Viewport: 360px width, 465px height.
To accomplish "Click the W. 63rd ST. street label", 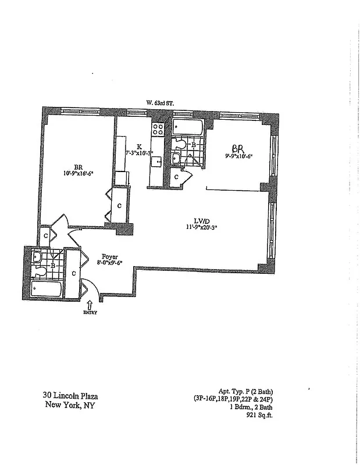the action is tap(160, 103).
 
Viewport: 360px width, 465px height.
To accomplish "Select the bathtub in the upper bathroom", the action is tap(187, 125).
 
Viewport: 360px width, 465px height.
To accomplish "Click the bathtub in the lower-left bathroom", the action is tap(47, 289).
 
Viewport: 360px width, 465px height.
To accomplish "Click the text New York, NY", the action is tap(70, 405).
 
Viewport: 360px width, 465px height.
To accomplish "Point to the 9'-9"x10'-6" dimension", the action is tap(238, 156).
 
